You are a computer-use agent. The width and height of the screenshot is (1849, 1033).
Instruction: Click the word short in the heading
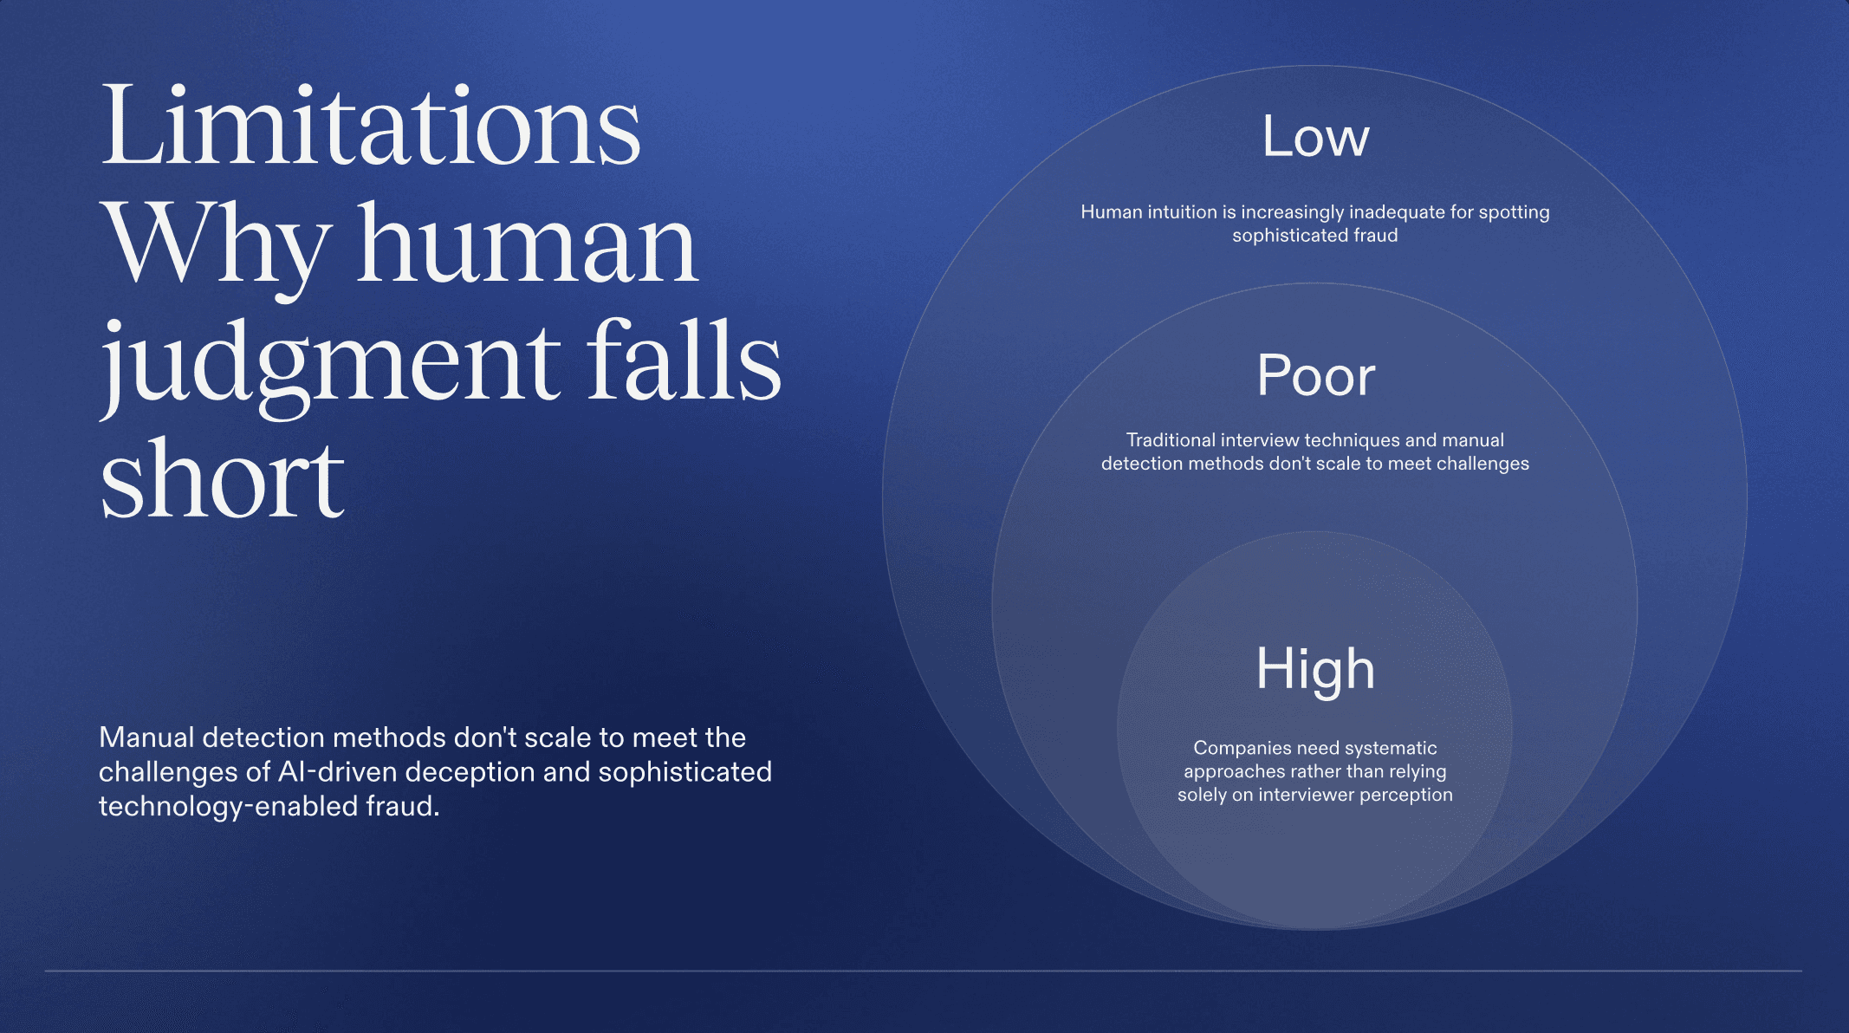click(223, 479)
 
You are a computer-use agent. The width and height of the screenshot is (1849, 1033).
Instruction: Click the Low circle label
click(1315, 137)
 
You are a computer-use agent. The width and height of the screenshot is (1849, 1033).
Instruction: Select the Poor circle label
click(1315, 376)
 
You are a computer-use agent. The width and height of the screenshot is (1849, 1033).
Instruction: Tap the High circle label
click(1315, 669)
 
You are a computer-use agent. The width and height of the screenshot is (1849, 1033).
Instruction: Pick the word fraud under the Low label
click(1375, 236)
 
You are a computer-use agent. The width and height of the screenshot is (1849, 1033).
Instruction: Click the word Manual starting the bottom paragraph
click(146, 737)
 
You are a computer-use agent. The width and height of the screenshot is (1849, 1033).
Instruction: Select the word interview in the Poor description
click(1260, 440)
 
